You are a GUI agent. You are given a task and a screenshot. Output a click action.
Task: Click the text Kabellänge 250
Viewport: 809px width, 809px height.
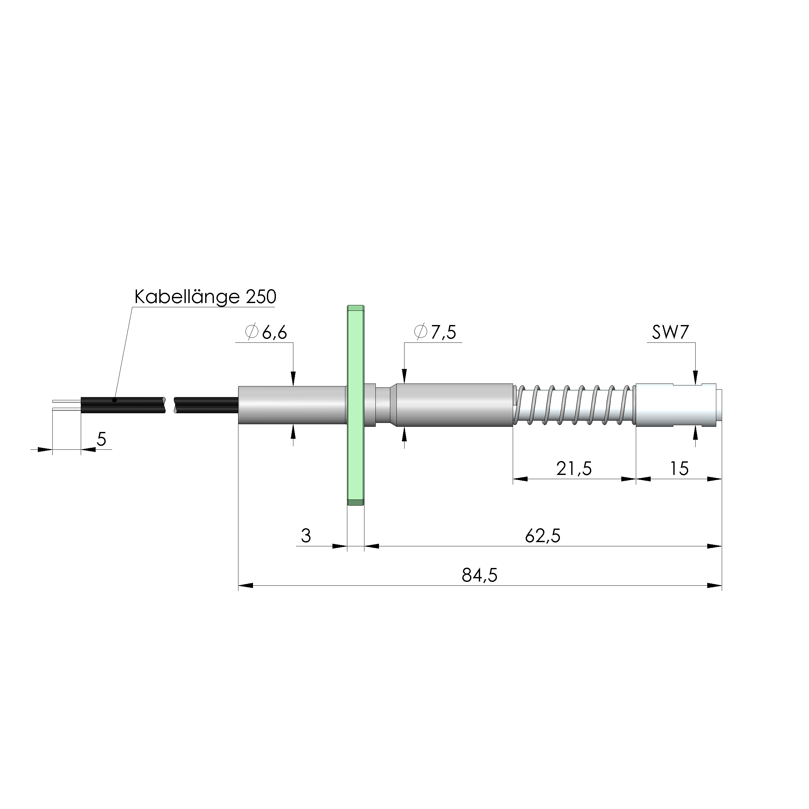(205, 297)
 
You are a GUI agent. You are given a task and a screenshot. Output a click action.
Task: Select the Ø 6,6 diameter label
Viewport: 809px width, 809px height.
(266, 332)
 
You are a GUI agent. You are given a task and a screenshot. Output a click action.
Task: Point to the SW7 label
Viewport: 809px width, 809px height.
(670, 332)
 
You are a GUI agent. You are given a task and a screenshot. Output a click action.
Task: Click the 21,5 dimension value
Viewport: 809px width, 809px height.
(574, 468)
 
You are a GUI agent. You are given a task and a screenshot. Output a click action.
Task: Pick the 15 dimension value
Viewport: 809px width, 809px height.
(679, 468)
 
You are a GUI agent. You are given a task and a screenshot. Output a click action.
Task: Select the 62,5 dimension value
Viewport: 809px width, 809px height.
(543, 536)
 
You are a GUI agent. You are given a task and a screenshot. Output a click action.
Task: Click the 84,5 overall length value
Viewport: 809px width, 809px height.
(479, 576)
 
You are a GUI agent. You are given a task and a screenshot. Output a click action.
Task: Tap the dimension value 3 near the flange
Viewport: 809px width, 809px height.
(306, 536)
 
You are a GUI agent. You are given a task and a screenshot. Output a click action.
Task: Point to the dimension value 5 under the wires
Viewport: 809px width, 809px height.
(101, 439)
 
